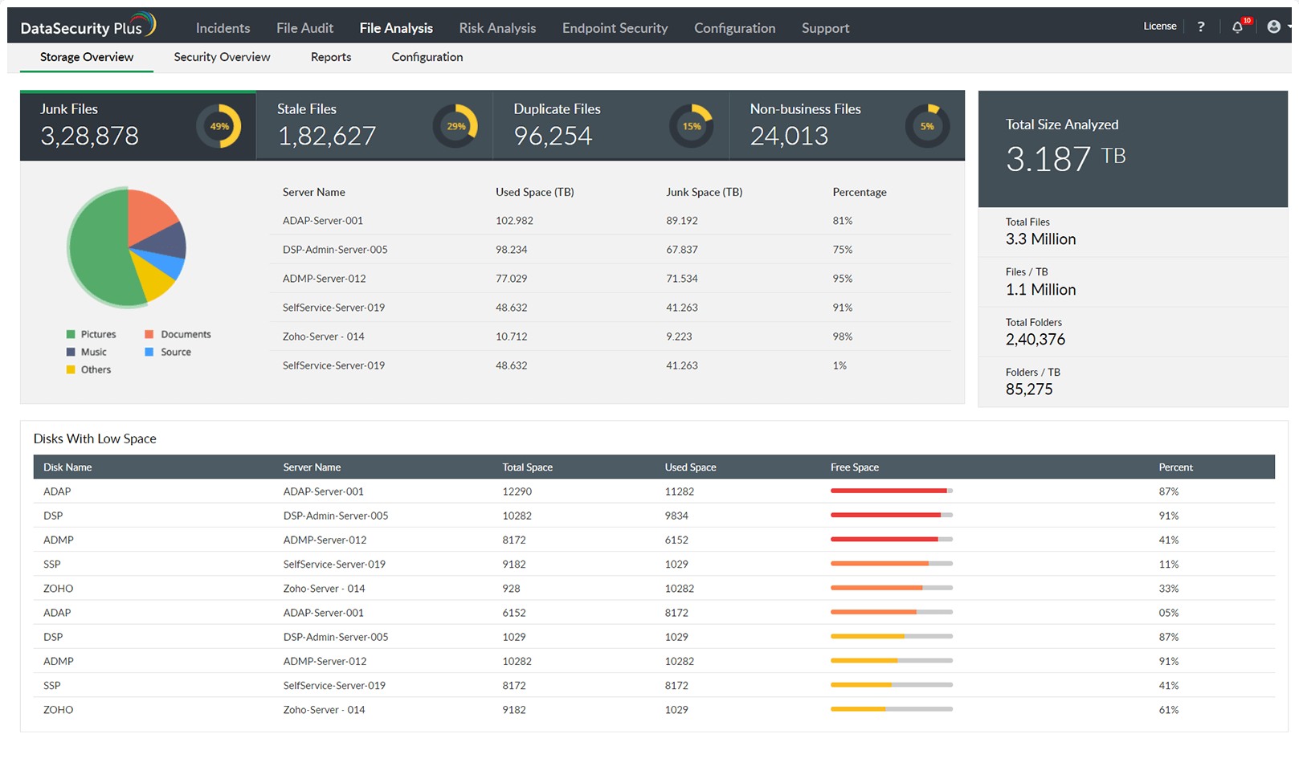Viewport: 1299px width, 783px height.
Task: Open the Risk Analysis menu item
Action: click(497, 28)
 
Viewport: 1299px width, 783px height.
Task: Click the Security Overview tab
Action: click(222, 57)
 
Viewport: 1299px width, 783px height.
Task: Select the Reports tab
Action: click(331, 57)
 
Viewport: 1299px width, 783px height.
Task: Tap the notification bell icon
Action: click(1237, 27)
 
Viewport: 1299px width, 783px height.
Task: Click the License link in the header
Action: click(1159, 27)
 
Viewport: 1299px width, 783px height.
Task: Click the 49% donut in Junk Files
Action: click(219, 126)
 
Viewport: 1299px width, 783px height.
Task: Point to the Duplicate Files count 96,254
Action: click(553, 136)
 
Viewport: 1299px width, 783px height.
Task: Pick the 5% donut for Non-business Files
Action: click(927, 126)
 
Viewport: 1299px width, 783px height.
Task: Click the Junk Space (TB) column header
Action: click(704, 192)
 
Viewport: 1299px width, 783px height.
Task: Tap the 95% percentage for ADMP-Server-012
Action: click(842, 279)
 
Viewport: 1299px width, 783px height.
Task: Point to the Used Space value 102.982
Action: click(514, 221)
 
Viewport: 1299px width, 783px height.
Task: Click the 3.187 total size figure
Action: click(1048, 159)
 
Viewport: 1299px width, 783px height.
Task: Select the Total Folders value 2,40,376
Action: click(1035, 340)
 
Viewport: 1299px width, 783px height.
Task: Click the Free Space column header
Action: click(854, 467)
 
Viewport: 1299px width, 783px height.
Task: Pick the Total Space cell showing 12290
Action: click(517, 491)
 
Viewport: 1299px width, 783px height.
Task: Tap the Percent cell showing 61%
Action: click(1168, 710)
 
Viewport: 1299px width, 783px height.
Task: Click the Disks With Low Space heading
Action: click(95, 438)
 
